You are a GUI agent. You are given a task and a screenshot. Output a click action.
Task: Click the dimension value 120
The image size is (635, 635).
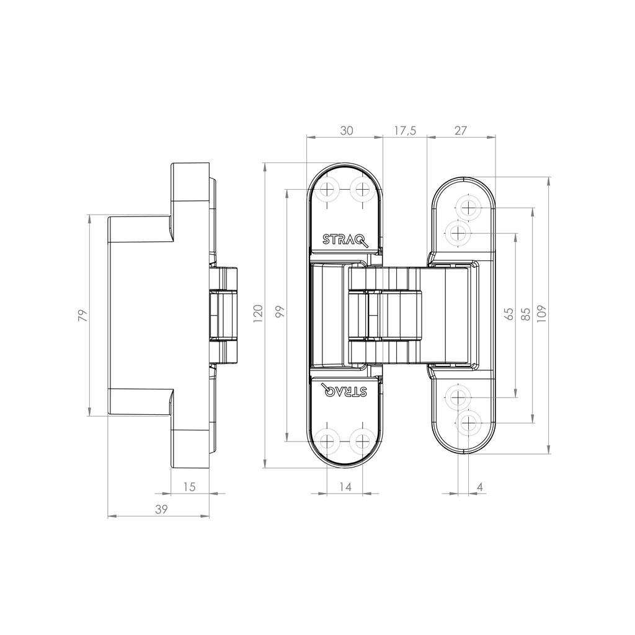click(x=259, y=313)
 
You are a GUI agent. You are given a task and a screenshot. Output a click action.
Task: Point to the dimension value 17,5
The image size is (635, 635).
click(x=405, y=130)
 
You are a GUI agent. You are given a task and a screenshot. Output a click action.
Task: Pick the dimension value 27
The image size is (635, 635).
click(x=461, y=130)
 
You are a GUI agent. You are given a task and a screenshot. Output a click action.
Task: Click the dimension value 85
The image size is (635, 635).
click(x=526, y=313)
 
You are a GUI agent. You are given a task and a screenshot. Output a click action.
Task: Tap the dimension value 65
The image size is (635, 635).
click(x=509, y=313)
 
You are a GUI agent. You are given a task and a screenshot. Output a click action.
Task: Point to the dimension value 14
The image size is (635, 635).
click(x=345, y=487)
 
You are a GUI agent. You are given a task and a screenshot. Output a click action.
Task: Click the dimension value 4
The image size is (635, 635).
click(x=480, y=487)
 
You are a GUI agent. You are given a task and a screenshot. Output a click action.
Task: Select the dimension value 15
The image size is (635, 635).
click(x=189, y=487)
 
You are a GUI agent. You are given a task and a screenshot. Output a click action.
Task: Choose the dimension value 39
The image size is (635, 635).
click(x=161, y=510)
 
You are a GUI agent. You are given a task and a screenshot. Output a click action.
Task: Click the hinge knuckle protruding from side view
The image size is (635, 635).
click(x=224, y=314)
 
